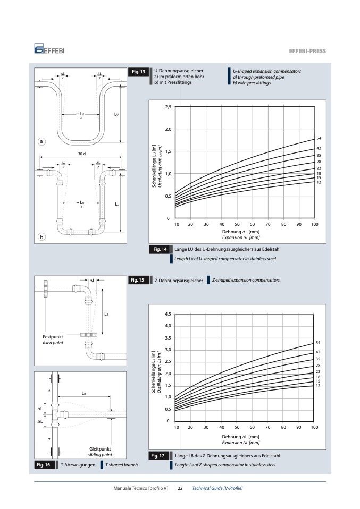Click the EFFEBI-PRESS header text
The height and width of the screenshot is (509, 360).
[307, 51]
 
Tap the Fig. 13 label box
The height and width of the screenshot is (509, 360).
[138, 72]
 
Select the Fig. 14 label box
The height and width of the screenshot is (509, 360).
[160, 249]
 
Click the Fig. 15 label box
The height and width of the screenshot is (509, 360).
[137, 280]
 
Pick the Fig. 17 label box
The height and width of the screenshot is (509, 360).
[157, 456]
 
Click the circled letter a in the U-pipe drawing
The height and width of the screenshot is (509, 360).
[41, 141]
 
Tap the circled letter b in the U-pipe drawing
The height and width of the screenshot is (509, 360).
[41, 237]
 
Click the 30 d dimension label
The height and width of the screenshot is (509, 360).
[81, 154]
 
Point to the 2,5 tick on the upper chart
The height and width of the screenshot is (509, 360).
[168, 107]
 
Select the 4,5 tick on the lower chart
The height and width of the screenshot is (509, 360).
[168, 314]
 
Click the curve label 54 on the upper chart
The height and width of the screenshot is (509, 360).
[319, 138]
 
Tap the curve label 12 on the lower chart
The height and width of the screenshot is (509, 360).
[318, 386]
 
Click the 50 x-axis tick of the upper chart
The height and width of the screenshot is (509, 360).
[237, 224]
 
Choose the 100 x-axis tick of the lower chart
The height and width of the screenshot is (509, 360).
[314, 427]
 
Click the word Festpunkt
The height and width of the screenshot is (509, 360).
[53, 337]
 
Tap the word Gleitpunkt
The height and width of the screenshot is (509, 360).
[100, 449]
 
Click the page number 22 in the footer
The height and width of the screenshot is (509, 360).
[180, 488]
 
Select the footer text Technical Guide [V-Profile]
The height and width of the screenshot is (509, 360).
[217, 488]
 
